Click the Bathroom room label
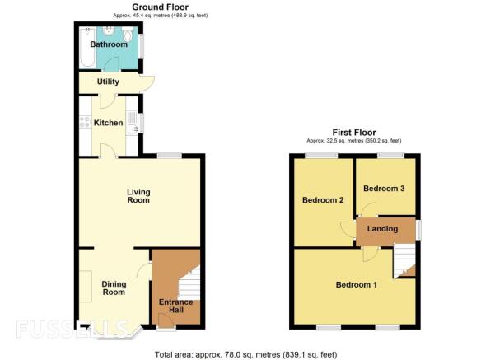(x=109, y=44)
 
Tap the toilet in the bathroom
(x=128, y=34)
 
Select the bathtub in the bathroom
(x=87, y=47)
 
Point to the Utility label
(x=108, y=82)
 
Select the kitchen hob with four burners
(x=85, y=122)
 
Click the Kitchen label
(x=108, y=123)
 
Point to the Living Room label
(x=138, y=196)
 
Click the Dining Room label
(x=114, y=288)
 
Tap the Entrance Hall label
(x=175, y=306)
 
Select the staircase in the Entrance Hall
(x=189, y=283)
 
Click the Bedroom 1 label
(x=357, y=285)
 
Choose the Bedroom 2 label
(x=323, y=200)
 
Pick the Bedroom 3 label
(x=384, y=189)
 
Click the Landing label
(x=383, y=229)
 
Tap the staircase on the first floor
(x=404, y=261)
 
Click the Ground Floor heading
(x=161, y=7)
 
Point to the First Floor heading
(x=354, y=133)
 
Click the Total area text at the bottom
(x=246, y=354)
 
